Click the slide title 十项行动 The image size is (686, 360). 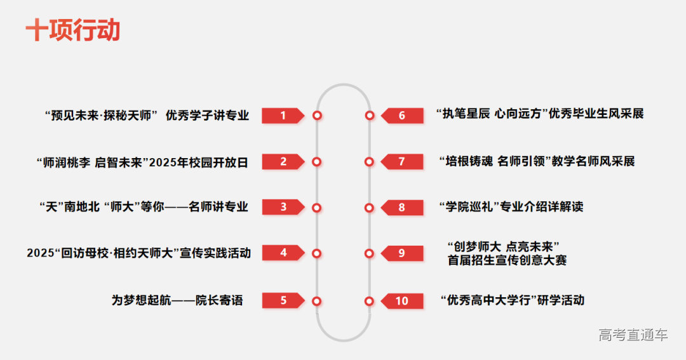pyautogui.click(x=73, y=30)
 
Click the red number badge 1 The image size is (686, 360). pyautogui.click(x=283, y=116)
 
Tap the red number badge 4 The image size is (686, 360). pyautogui.click(x=283, y=253)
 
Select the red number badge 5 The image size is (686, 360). pyautogui.click(x=283, y=300)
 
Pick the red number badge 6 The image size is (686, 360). pyautogui.click(x=402, y=116)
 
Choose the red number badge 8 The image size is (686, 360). pyautogui.click(x=402, y=208)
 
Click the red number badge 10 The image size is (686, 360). pyautogui.click(x=402, y=301)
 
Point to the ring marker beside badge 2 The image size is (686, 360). pyautogui.click(x=317, y=162)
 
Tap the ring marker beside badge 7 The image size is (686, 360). pyautogui.click(x=369, y=162)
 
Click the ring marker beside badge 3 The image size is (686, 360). pyautogui.click(x=317, y=208)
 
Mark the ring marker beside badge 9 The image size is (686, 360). pyautogui.click(x=369, y=253)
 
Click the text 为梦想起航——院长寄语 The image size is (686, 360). pyautogui.click(x=177, y=300)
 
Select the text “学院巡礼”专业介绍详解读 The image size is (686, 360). pyautogui.click(x=511, y=207)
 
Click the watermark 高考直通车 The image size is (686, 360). pyautogui.click(x=633, y=335)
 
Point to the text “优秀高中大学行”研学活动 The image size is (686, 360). pyautogui.click(x=512, y=300)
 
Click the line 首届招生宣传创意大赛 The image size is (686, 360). pyautogui.click(x=507, y=260)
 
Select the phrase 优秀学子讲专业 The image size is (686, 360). pyautogui.click(x=207, y=116)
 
